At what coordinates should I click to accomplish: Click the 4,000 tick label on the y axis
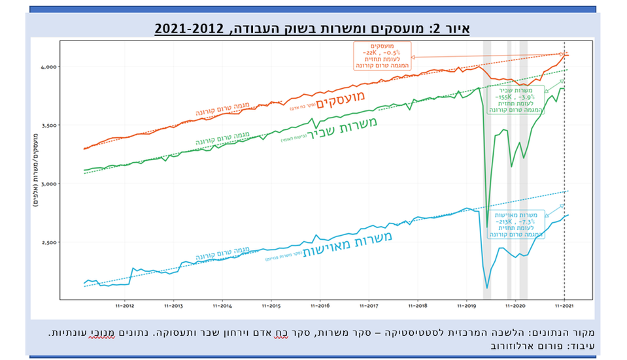pos(47,67)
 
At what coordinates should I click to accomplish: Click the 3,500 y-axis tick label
pos(47,125)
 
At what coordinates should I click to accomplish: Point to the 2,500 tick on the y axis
pos(47,242)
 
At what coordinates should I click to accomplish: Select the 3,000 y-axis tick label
pos(47,184)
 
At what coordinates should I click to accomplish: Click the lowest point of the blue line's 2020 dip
pos(487,287)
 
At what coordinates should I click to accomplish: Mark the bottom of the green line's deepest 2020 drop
pos(487,227)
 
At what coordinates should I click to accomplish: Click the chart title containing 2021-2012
pos(313,28)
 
